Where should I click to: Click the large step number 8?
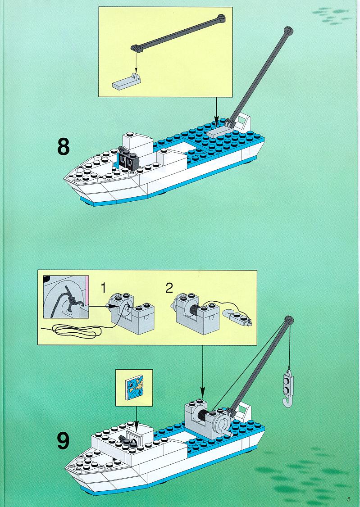pos(64,147)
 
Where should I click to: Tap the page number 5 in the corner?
pos(349,499)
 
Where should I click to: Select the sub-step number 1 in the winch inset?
pos(103,288)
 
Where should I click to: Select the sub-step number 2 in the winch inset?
pos(169,288)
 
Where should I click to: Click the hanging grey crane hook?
pos(287,387)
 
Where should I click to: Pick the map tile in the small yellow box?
pos(134,386)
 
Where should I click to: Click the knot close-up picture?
pos(66,297)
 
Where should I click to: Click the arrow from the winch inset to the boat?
pos(202,372)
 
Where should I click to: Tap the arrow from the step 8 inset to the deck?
pos(216,112)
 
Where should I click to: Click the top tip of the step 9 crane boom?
pos(289,319)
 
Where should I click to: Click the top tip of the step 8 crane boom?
pos(288,31)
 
